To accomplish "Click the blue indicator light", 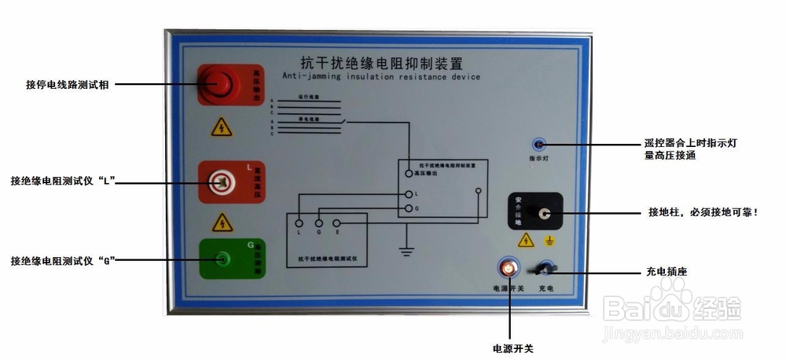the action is coord(538,145).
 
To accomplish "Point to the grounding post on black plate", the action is coord(542,212).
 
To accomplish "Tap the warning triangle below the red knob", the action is coord(222,127).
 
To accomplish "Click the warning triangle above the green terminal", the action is coord(222,222).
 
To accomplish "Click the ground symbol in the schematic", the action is coord(406,251).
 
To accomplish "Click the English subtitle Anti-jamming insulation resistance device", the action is coord(380,77).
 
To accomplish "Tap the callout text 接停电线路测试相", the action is coord(67,83).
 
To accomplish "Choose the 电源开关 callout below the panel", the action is coord(512,347).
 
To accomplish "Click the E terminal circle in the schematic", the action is coord(336,223).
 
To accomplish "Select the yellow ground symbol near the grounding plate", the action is coord(551,241).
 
